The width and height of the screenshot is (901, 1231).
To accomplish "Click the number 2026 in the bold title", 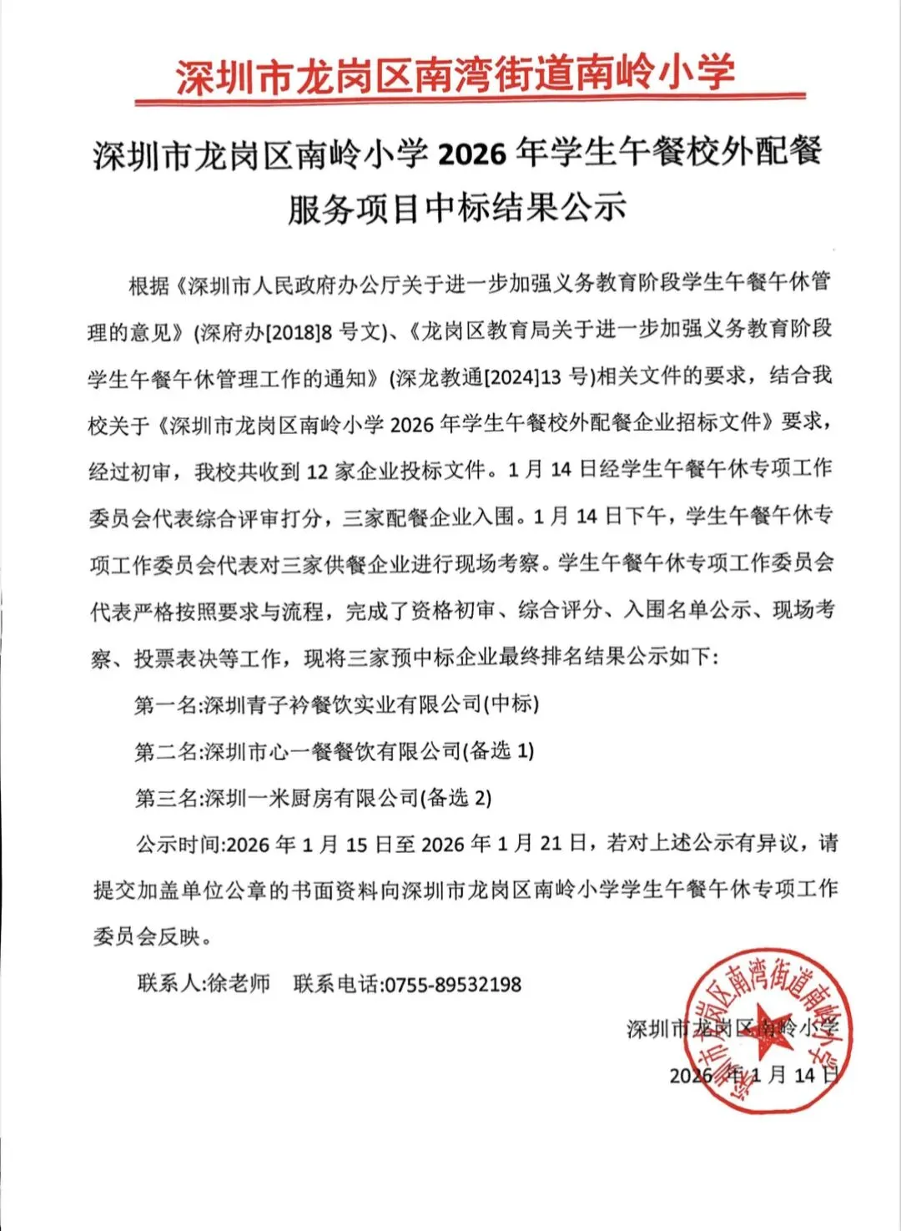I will point(472,154).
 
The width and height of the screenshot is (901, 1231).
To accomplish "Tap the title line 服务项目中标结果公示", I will point(456,207).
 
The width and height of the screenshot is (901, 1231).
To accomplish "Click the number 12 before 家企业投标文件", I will point(318,472).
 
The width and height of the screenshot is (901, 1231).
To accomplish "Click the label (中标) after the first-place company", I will point(511,704).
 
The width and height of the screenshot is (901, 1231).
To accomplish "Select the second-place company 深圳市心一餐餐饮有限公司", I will point(332,751).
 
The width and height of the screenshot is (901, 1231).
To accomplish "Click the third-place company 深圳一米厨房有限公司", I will point(310,798).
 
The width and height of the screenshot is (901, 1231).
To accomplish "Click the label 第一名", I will point(166,704).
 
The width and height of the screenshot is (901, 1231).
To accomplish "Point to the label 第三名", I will point(166,798).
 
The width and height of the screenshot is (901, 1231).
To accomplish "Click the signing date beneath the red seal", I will point(753,1075).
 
